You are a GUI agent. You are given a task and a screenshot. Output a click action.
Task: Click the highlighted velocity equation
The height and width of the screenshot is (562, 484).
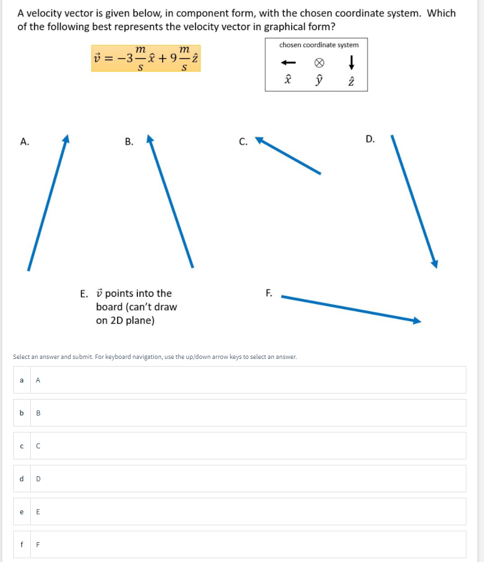click(146, 58)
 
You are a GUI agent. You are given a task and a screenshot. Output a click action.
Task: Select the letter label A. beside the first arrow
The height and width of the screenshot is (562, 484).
click(24, 142)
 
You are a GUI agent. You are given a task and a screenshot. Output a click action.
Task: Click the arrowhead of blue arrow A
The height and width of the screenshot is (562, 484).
click(66, 138)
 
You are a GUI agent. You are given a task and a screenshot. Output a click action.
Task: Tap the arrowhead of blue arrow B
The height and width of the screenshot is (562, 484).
click(150, 139)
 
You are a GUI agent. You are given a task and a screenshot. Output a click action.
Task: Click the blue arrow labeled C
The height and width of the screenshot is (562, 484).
click(288, 156)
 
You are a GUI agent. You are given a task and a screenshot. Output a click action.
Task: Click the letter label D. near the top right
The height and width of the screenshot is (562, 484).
click(370, 139)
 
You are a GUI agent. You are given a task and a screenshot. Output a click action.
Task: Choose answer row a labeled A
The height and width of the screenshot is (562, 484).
click(240, 380)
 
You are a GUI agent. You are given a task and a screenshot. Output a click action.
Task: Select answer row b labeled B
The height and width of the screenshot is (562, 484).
click(240, 413)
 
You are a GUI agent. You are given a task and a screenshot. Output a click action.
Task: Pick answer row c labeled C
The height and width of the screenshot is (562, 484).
click(240, 446)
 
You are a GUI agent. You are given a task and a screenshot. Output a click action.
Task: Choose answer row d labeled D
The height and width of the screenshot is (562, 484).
click(240, 479)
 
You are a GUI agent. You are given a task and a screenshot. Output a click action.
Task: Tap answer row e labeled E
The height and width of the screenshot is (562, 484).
click(240, 512)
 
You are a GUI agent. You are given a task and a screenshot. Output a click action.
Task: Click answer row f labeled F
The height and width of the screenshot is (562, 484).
click(240, 544)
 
